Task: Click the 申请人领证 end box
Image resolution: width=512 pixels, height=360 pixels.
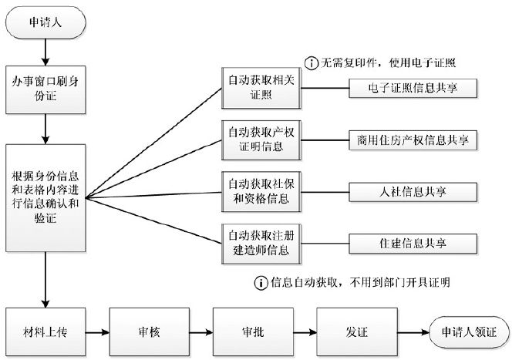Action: tap(468, 331)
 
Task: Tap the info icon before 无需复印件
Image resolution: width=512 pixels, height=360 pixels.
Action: tap(312, 62)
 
